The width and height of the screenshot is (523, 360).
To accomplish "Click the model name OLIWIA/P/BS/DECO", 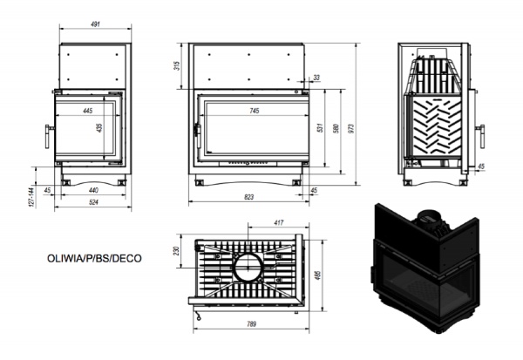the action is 94,259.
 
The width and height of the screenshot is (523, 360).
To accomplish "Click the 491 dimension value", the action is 95,24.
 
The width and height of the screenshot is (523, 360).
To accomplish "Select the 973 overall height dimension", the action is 351,128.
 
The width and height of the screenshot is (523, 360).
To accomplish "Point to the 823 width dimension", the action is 248,197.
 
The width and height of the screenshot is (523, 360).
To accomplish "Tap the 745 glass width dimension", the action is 255,111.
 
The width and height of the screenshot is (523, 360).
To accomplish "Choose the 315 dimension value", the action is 177,65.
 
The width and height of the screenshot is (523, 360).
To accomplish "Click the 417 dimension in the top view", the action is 279,222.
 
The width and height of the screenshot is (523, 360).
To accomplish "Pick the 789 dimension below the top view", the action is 252,324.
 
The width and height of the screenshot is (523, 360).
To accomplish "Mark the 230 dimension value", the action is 177,250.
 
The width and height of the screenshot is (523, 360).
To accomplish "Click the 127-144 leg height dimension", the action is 31,197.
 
